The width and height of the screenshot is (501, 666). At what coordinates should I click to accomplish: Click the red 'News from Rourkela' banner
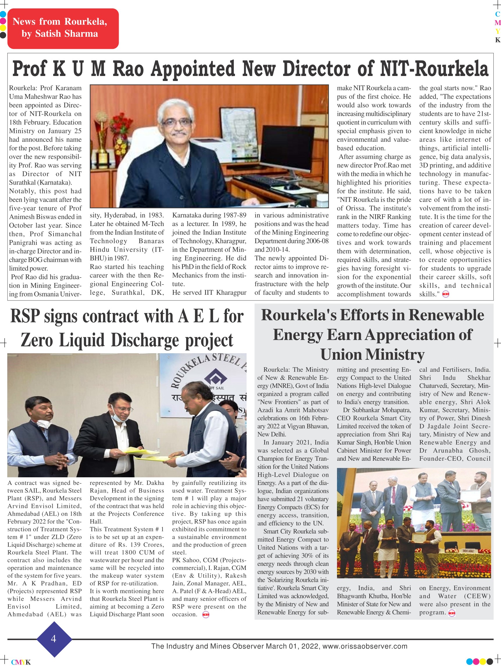63,28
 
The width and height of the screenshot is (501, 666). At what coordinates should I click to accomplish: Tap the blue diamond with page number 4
54,639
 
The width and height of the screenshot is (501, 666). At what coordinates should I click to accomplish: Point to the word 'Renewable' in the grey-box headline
446,315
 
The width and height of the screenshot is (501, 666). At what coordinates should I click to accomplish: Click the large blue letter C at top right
498,14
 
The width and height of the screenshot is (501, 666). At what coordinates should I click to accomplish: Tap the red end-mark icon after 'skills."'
446,294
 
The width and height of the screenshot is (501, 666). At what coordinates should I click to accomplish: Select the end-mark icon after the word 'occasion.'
206,615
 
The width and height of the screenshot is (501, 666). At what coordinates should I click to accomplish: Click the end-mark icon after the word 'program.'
452,613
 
